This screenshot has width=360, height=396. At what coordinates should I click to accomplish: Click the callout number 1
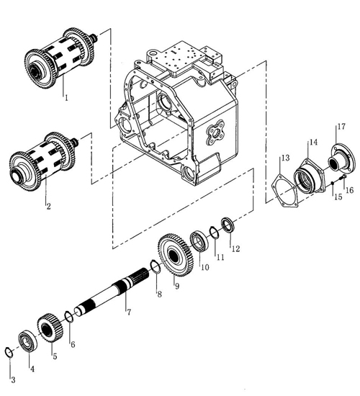coord(66,97)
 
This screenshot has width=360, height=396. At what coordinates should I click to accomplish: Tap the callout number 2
coord(48,206)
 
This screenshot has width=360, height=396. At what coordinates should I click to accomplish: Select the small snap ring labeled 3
coord(9,352)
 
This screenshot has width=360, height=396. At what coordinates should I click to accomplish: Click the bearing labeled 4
coord(28,342)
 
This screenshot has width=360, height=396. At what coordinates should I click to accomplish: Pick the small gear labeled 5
coord(48,328)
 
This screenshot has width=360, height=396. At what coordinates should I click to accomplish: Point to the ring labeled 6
coord(69,317)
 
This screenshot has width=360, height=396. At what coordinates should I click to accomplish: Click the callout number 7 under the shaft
coord(129,312)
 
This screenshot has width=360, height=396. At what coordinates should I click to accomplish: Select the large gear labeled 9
coord(176,256)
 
